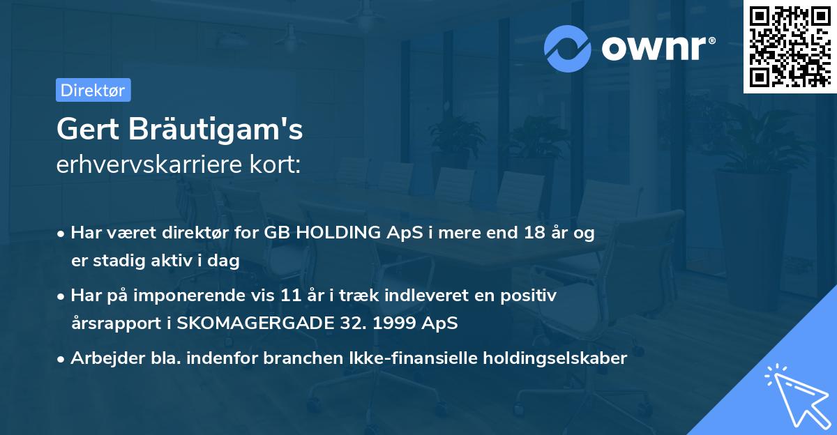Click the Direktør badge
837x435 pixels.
point(93,90)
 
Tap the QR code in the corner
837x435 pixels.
point(790,47)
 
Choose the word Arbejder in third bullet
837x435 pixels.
point(102,358)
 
